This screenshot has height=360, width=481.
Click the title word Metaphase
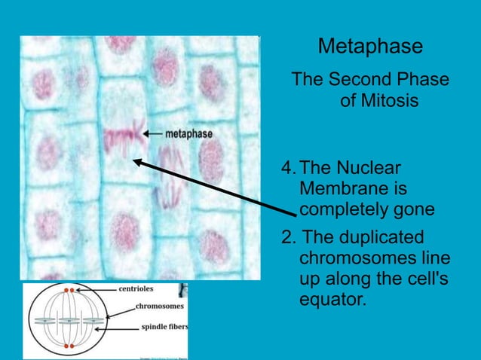(370, 47)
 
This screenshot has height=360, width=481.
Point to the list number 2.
(286, 238)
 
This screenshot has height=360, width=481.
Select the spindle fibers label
(164, 327)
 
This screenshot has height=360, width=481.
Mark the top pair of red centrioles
(69, 289)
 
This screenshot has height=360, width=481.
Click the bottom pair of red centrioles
(69, 346)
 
